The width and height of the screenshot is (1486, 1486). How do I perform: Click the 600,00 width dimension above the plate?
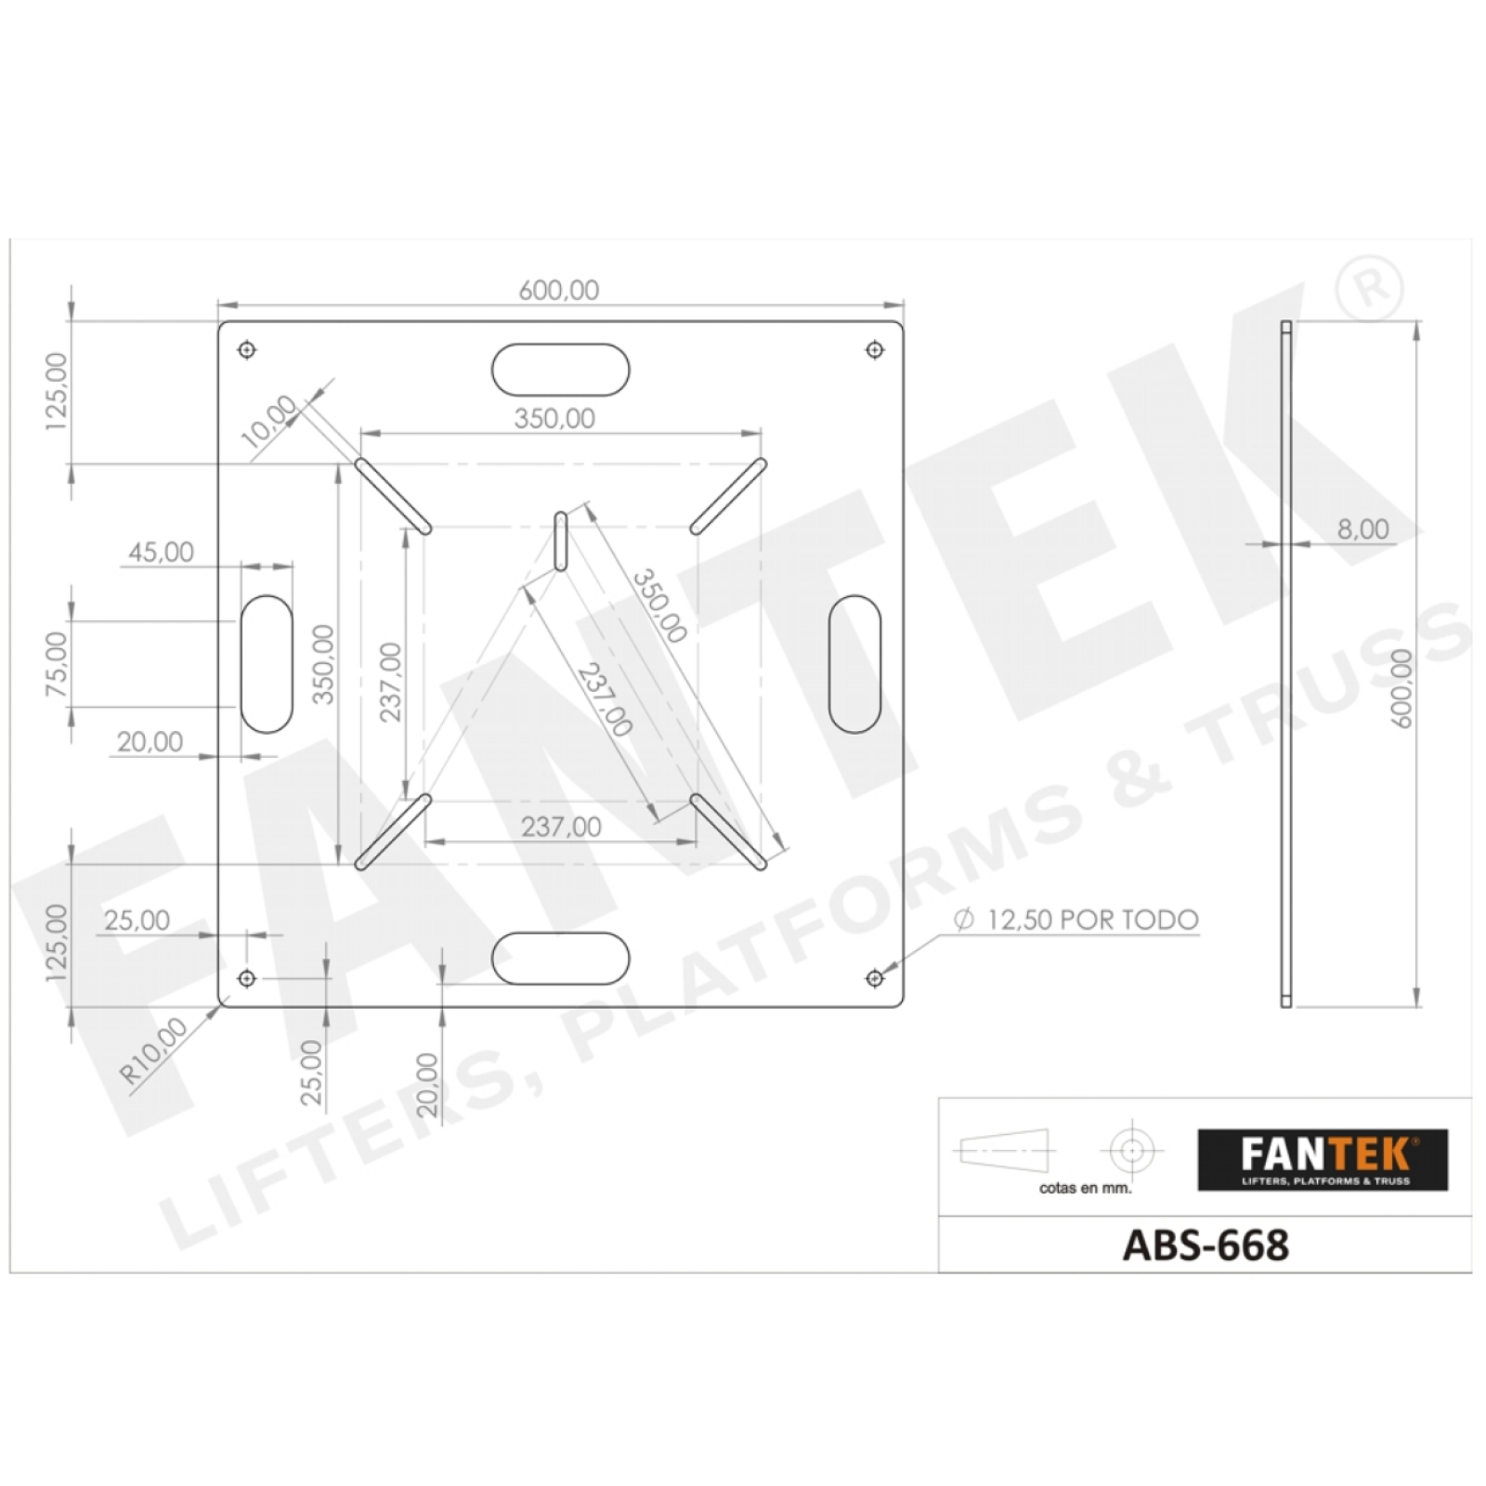click(559, 290)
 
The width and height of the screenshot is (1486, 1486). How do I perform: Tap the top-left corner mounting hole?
click(247, 350)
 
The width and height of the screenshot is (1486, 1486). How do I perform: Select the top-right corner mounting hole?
click(875, 350)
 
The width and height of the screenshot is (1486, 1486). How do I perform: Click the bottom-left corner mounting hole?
click(247, 978)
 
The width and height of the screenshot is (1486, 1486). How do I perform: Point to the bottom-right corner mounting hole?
click(875, 978)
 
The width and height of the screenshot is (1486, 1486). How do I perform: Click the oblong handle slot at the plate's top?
click(561, 370)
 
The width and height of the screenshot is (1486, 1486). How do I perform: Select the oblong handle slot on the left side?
click(267, 664)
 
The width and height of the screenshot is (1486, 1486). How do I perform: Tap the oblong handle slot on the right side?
click(854, 664)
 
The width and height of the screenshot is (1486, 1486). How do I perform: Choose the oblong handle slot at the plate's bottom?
click(561, 958)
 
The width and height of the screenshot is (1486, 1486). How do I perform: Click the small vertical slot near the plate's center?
click(561, 541)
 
